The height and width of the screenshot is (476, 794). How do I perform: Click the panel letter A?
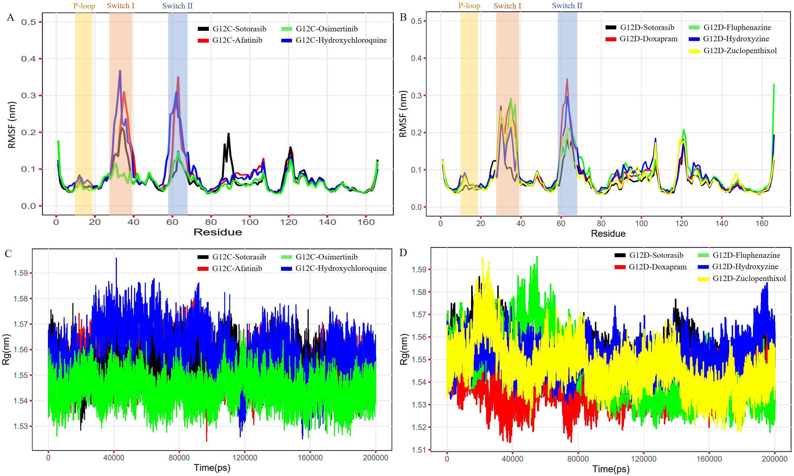coord(10,17)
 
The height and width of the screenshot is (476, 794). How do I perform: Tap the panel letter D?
coord(403,253)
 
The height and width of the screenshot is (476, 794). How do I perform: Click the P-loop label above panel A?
coord(84,6)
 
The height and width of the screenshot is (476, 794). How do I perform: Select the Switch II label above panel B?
coord(567,5)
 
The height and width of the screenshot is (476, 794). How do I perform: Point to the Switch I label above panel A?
coord(121,6)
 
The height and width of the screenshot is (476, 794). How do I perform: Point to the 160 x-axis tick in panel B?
coord(762,224)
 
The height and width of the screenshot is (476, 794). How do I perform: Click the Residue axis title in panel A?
coord(218,232)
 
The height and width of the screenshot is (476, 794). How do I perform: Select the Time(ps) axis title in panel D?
coord(611,469)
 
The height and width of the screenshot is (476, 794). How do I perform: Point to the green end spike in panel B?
coord(774,85)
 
